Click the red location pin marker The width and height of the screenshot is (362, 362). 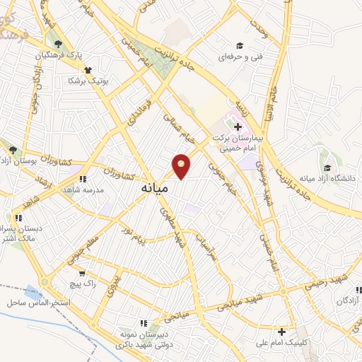182,166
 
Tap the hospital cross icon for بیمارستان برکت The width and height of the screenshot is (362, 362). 238,127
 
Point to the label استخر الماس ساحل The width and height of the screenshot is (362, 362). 37,302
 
